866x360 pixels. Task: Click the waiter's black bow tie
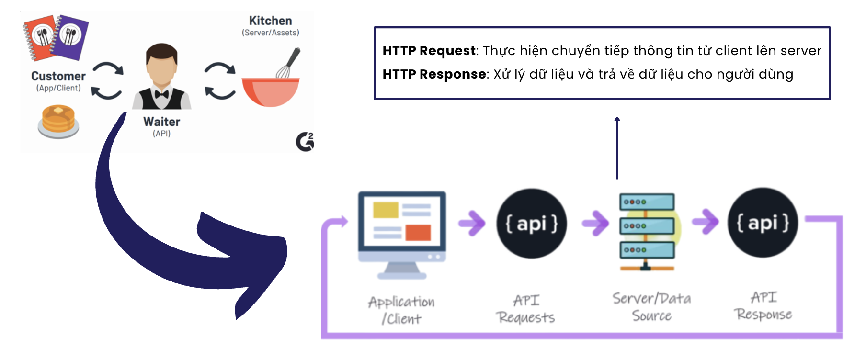[161, 94]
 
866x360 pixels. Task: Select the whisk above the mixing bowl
[289, 63]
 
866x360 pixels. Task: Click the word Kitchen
[270, 21]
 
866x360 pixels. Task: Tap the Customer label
[58, 76]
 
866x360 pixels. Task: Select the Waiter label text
[161, 122]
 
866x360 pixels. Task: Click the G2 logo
[305, 142]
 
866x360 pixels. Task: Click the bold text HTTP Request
[429, 51]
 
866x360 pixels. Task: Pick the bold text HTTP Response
[434, 74]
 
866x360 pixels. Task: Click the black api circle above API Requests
[532, 224]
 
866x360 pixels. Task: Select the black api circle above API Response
[763, 223]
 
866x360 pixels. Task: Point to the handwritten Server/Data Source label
[651, 307]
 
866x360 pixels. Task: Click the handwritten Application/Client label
[401, 310]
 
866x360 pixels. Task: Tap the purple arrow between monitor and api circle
[472, 223]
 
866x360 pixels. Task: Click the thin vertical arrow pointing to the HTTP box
[617, 148]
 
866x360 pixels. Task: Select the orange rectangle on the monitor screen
[418, 233]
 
